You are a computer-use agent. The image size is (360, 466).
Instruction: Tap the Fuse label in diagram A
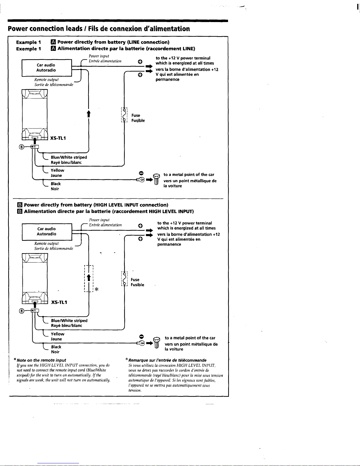[136, 116]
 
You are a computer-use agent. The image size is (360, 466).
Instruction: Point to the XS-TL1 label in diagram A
[58, 138]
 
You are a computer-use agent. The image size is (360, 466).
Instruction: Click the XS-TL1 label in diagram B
[59, 302]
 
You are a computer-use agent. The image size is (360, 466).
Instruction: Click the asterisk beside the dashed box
[97, 289]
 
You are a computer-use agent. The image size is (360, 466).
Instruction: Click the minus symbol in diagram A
[141, 172]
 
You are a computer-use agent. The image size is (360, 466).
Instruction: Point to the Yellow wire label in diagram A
[57, 170]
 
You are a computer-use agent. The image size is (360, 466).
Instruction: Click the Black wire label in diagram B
[56, 347]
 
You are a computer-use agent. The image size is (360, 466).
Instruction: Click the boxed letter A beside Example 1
[53, 42]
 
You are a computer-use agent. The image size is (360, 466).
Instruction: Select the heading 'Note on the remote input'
[41, 360]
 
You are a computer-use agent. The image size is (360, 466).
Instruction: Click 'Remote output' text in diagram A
[46, 80]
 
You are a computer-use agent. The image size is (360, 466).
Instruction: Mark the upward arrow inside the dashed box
[88, 278]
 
